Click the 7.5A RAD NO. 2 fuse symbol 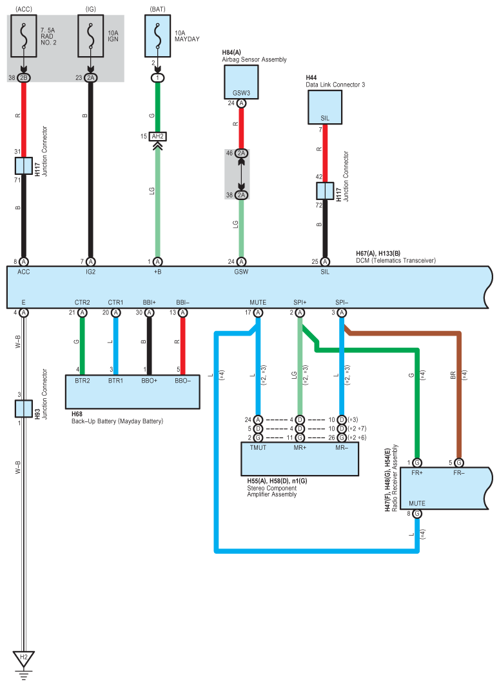click(24, 36)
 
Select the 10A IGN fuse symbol click(90, 36)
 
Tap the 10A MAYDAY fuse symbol click(158, 36)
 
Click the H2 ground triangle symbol click(24, 658)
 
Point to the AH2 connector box click(158, 137)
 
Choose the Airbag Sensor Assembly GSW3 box click(241, 82)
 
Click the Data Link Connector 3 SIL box click(325, 107)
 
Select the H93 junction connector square click(24, 409)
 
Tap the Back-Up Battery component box click(132, 392)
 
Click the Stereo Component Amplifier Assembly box click(300, 459)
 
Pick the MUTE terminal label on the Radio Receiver click(417, 503)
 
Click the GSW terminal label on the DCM click(241, 272)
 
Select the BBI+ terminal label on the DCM click(149, 302)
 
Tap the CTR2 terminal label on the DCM click(82, 302)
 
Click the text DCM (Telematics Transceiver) click(396, 260)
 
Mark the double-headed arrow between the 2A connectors click(241, 174)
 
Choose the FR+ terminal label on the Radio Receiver click(417, 473)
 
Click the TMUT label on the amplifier click(258, 448)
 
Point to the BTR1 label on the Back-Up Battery click(116, 381)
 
